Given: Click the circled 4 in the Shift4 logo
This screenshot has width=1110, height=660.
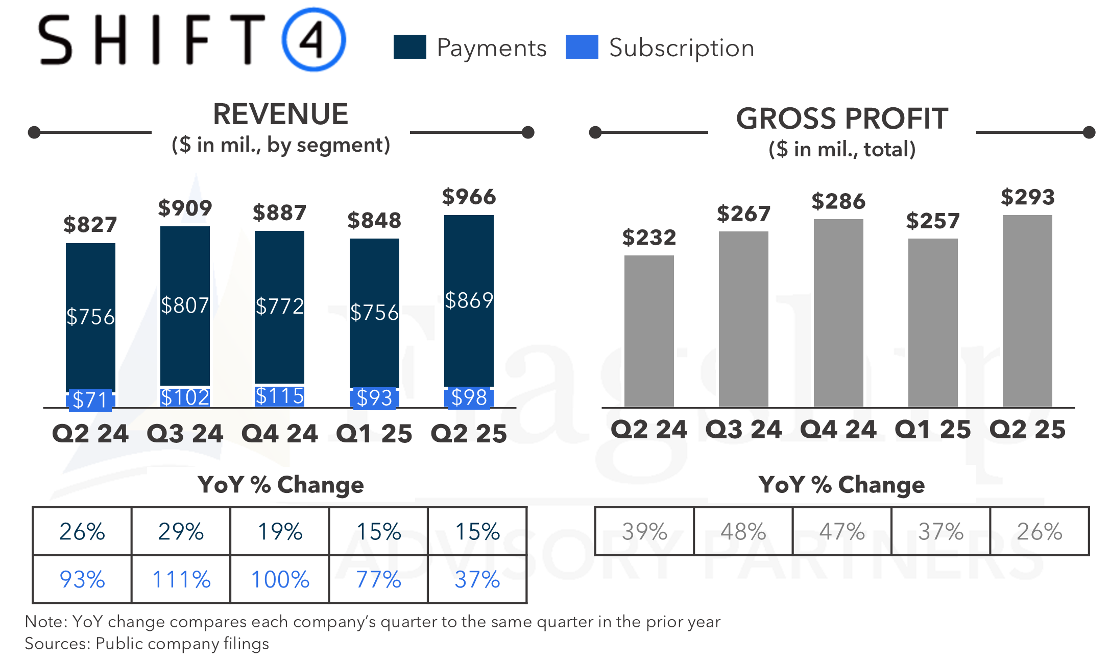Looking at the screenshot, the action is pyautogui.click(x=313, y=39).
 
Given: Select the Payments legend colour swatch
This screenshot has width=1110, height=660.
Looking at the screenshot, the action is pyautogui.click(x=409, y=47).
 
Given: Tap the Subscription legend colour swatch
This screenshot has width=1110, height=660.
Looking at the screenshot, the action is pyautogui.click(x=582, y=47).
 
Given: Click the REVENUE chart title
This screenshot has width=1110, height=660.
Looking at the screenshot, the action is pyautogui.click(x=280, y=114).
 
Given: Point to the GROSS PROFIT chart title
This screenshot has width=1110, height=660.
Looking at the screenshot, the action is pyautogui.click(x=841, y=119).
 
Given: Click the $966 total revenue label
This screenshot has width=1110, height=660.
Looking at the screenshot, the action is pyautogui.click(x=469, y=197).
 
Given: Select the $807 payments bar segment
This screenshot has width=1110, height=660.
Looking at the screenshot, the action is pyautogui.click(x=185, y=305).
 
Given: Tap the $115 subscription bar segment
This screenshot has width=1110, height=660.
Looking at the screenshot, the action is pyautogui.click(x=279, y=396).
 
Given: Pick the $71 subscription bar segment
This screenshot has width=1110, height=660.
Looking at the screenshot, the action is pyautogui.click(x=90, y=400).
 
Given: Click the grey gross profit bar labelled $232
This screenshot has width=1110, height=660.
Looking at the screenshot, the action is pyautogui.click(x=649, y=331).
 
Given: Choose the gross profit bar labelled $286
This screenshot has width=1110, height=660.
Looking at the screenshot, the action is pyautogui.click(x=838, y=313).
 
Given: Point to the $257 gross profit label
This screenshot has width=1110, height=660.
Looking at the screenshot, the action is pyautogui.click(x=933, y=221).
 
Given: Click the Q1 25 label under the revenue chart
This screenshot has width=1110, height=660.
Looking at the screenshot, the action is pyautogui.click(x=374, y=434).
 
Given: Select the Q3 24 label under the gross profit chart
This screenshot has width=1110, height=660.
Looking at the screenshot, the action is pyautogui.click(x=743, y=430).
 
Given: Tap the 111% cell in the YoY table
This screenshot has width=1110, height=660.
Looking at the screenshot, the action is pyautogui.click(x=181, y=579).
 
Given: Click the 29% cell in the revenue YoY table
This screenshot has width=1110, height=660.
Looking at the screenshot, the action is pyautogui.click(x=181, y=531).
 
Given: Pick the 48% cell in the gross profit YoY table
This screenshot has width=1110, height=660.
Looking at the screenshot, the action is pyautogui.click(x=743, y=531).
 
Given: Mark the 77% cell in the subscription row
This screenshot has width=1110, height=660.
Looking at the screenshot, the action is pyautogui.click(x=378, y=579).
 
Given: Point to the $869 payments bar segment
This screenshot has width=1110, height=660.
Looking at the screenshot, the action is pyautogui.click(x=469, y=300).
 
